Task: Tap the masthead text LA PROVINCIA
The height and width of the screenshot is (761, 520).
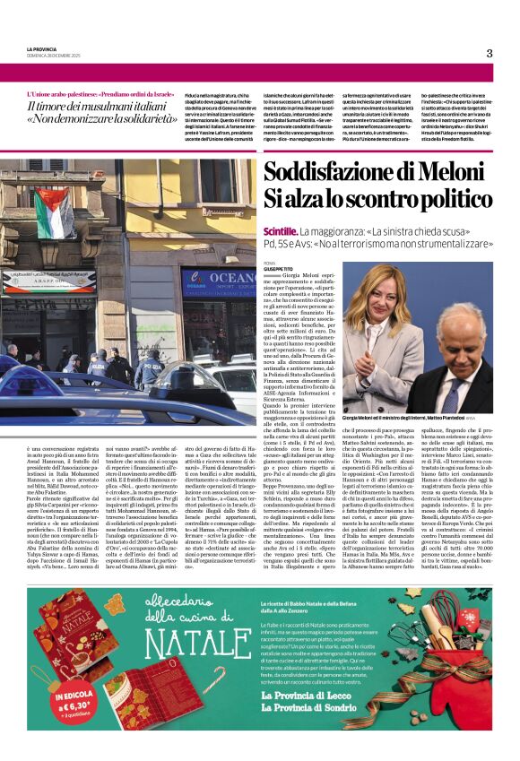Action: (43, 48)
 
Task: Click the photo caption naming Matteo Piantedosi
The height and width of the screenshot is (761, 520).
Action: (416, 419)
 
